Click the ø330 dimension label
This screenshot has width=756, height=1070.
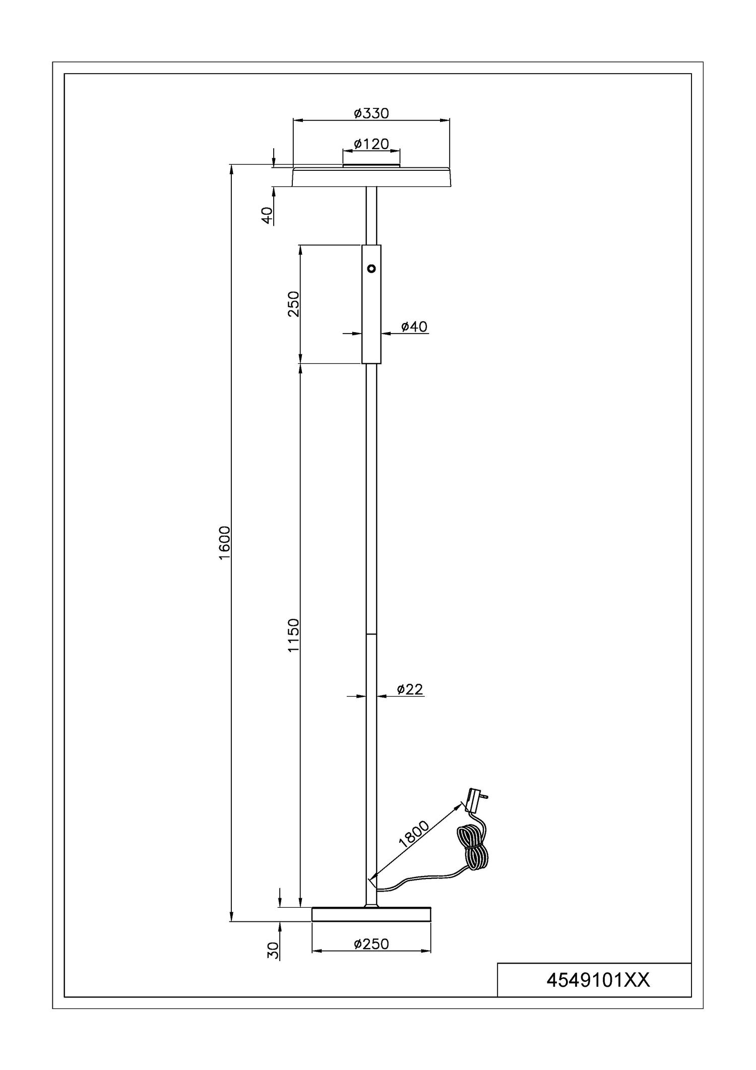point(371,113)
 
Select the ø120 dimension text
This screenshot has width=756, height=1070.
point(371,144)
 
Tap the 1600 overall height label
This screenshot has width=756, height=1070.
point(224,542)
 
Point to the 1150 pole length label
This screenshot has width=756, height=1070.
point(293,635)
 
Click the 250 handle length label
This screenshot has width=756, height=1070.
point(293,303)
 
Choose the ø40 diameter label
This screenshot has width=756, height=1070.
point(414,327)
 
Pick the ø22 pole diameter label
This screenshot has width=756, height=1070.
point(409,689)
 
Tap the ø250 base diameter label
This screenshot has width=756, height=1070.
point(371,943)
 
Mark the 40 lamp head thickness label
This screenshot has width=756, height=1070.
point(268,215)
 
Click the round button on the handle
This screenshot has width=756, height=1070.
point(371,269)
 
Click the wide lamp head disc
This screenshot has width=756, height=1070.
point(371,176)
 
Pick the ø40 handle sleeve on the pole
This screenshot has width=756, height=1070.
point(371,304)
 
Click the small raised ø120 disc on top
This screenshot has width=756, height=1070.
point(371,165)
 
